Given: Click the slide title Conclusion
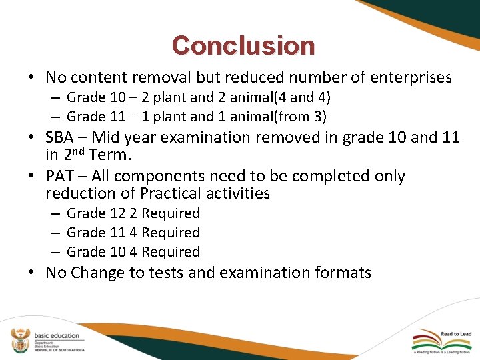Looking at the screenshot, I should pos(243,46).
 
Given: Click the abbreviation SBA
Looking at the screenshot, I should pos(59,138).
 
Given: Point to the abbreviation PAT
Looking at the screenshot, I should pos(59,177).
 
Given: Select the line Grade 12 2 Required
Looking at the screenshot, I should pos(133,213).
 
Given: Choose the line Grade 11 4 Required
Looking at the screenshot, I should pos(133,233).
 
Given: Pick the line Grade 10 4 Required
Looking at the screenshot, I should pos(133,252).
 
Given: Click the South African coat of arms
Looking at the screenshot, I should pos(20,341).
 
